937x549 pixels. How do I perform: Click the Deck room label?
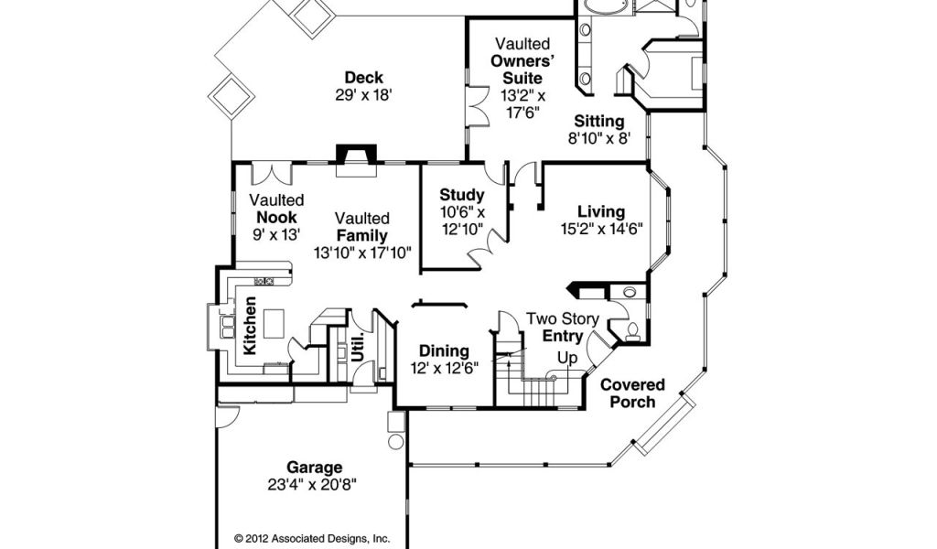click(x=363, y=77)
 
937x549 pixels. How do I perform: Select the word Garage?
click(x=314, y=467)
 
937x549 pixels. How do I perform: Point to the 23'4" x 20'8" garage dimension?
click(x=314, y=484)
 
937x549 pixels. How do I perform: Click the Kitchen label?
click(x=250, y=326)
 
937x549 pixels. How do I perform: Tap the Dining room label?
click(x=444, y=351)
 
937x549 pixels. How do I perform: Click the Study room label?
click(x=461, y=194)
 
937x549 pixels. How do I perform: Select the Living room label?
click(x=600, y=212)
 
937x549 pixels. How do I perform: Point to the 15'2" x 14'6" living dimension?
click(x=602, y=230)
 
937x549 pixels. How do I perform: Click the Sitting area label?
click(x=599, y=121)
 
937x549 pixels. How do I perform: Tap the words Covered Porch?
click(x=632, y=393)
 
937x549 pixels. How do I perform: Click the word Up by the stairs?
click(x=567, y=358)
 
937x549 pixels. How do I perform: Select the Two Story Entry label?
click(x=562, y=328)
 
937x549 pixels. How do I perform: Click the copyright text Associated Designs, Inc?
click(x=312, y=538)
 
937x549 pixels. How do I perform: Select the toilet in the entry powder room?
click(x=633, y=330)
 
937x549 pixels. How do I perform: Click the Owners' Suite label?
click(x=522, y=69)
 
